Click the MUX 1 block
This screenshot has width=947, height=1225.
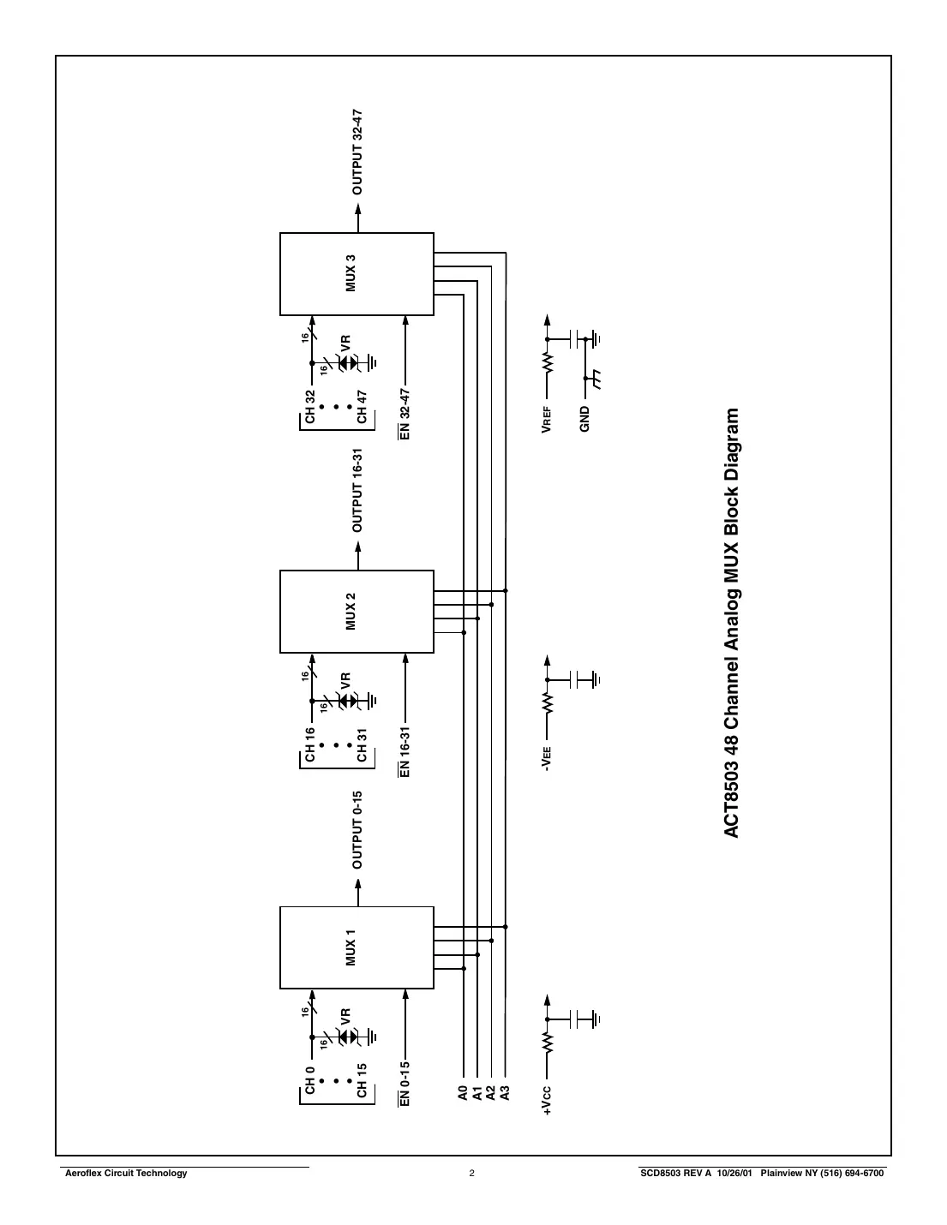click(357, 947)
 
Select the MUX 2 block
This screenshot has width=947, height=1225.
click(357, 611)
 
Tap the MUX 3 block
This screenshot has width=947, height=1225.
click(357, 273)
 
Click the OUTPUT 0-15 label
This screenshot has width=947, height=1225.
click(358, 830)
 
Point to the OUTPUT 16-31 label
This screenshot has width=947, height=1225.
click(358, 490)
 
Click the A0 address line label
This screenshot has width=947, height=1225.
click(464, 1092)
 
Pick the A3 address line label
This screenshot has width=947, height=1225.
click(506, 1092)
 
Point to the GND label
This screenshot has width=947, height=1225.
click(585, 419)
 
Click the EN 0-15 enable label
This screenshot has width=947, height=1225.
click(405, 1084)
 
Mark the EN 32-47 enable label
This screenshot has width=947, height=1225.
click(405, 414)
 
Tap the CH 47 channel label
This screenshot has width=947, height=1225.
click(362, 407)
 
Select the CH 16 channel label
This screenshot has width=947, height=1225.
click(310, 744)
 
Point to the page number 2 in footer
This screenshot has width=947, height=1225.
click(471, 1174)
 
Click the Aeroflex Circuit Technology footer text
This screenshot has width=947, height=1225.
click(127, 1174)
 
